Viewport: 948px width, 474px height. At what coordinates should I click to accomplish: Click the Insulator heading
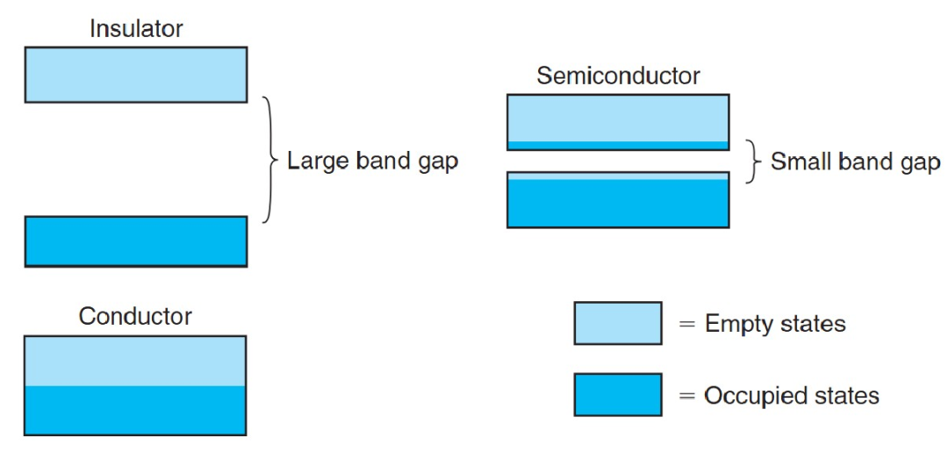(135, 29)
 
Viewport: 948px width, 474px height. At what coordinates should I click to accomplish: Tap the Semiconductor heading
(618, 76)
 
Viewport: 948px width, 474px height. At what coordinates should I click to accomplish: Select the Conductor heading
(135, 316)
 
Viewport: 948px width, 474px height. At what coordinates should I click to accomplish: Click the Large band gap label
(372, 162)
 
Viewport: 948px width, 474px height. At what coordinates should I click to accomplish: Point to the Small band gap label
(855, 162)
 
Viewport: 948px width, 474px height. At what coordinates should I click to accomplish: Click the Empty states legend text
(774, 324)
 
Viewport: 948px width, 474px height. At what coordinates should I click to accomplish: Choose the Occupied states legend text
(791, 395)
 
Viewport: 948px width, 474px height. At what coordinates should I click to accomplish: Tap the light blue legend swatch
(618, 323)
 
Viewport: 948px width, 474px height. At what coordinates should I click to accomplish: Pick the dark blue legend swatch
(618, 394)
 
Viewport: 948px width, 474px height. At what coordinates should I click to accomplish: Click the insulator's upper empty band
(135, 75)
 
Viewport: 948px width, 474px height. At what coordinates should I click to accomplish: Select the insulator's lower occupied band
(135, 241)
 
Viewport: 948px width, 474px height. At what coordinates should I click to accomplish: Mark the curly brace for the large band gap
(269, 160)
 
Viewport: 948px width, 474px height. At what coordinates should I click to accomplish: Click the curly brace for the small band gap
(750, 162)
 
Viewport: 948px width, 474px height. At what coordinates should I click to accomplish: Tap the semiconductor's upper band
(618, 122)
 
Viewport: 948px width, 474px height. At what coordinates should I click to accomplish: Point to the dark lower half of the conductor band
(135, 410)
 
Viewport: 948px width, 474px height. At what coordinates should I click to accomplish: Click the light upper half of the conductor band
(135, 361)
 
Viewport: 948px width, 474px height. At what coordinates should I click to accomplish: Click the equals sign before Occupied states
(687, 395)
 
